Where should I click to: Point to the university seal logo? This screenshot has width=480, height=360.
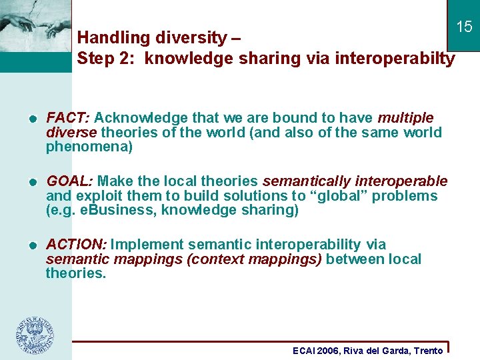[35, 334]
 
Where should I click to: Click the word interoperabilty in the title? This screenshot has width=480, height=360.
[395, 59]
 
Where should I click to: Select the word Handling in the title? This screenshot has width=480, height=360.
[109, 38]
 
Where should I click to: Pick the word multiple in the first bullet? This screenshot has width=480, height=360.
[405, 118]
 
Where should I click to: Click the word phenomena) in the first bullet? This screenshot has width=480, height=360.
[89, 147]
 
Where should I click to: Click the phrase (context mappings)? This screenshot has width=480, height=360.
[255, 259]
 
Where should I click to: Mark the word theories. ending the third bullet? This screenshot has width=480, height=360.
[76, 273]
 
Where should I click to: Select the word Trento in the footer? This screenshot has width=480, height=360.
[428, 351]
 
